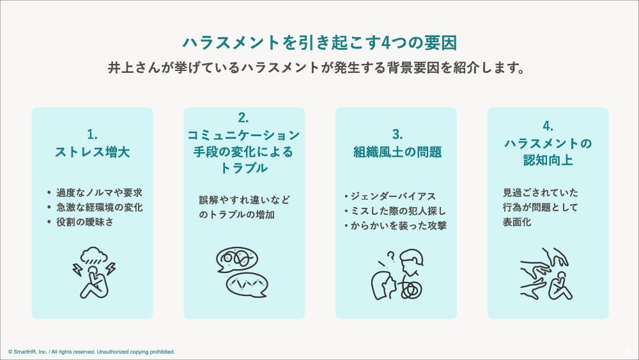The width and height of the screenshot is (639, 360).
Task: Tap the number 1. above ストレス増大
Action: point(92,134)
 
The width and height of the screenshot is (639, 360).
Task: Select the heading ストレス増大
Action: point(93,152)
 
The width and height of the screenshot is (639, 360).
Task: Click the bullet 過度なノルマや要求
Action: point(99,192)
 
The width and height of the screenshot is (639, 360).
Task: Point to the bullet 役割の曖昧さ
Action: point(85,222)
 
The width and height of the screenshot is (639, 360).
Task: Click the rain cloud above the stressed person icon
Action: point(94,254)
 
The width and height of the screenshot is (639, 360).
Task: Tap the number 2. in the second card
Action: point(243,118)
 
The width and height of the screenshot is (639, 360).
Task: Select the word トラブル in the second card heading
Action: point(243,168)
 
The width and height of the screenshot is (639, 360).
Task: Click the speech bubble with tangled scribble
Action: point(237,260)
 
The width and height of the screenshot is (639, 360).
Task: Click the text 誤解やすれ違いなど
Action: point(245,200)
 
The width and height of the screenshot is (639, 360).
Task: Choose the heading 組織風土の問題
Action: point(397,152)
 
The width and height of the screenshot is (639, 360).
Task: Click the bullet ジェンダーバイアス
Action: point(393,196)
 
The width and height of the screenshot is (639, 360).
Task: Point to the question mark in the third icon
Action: point(391,256)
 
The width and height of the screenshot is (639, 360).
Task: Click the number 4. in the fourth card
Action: point(548,127)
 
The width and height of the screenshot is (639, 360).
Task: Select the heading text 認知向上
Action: point(548,160)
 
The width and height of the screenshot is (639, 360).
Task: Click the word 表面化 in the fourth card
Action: point(517,222)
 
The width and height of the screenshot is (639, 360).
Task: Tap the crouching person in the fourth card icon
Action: point(560,285)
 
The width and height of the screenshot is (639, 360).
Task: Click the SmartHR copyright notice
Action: point(91,352)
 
